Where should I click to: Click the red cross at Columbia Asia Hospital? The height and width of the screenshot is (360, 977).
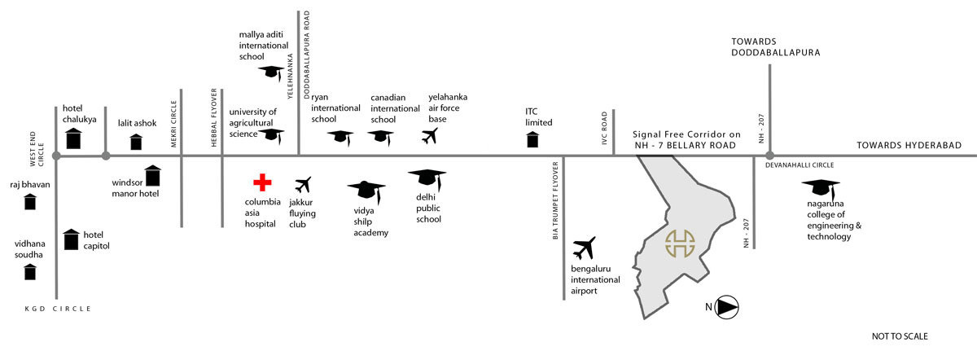coord(261,183)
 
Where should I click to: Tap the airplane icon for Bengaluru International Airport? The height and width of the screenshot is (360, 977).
coord(585,248)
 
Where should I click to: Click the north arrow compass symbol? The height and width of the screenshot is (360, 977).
coord(727,307)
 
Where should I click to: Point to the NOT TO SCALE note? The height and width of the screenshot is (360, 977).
coord(900,336)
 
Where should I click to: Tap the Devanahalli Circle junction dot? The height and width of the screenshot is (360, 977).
coord(769,154)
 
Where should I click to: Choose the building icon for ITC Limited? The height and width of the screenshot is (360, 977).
coord(532,139)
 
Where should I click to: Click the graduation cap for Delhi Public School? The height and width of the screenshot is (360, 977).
coord(427,178)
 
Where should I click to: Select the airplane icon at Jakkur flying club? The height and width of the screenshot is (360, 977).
coord(304,185)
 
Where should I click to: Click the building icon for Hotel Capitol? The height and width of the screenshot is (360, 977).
coord(72,239)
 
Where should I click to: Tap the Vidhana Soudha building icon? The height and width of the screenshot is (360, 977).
coord(30,271)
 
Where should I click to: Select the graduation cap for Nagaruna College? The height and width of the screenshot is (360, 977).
coord(825,188)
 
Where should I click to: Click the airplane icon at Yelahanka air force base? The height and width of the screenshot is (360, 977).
coord(431,136)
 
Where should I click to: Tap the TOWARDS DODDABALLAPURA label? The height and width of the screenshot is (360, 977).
coord(774,46)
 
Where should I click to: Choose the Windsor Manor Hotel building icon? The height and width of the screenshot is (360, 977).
coord(152,175)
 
